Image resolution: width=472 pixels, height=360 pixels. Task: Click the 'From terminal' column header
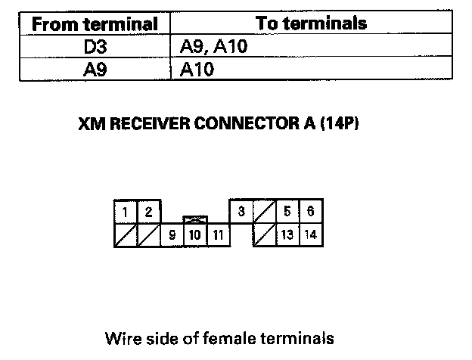point(95,24)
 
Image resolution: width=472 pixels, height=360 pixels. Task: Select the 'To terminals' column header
point(311,23)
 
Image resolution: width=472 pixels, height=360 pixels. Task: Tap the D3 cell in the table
point(95,47)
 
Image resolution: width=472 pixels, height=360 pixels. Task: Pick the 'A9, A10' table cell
point(213,46)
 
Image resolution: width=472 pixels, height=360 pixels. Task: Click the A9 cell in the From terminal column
point(95,70)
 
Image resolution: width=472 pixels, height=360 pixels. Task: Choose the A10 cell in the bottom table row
point(197,70)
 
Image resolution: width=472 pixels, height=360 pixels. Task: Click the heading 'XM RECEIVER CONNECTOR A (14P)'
point(219,123)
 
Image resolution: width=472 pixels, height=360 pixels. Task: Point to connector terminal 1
point(126,212)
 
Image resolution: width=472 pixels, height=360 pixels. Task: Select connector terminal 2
point(149,212)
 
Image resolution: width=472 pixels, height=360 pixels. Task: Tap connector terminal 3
point(241,211)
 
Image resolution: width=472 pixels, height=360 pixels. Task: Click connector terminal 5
point(287,211)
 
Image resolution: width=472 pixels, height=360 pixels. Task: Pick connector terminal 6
point(311,211)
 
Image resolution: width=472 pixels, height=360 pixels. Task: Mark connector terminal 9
point(172,234)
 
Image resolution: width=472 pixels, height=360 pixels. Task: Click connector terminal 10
point(195,234)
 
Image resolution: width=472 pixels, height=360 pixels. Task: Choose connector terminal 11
point(219,234)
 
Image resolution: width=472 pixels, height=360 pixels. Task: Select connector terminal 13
point(287,234)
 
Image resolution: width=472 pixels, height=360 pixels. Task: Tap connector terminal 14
point(311,234)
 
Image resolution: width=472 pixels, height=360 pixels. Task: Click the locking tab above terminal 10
point(195,220)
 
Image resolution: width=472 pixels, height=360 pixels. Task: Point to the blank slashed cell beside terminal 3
point(264,211)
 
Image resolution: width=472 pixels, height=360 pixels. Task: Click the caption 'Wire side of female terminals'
point(220,338)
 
